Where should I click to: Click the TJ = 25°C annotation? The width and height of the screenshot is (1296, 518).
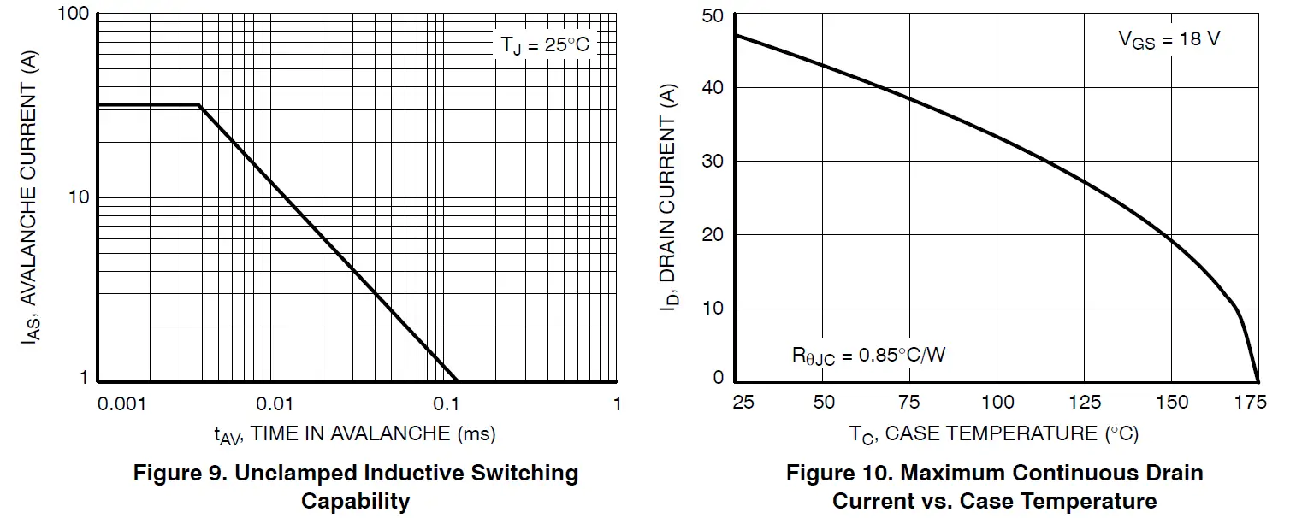545,44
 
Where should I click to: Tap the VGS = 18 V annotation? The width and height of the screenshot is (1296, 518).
1169,39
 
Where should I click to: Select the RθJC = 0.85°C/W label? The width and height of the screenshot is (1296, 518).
868,354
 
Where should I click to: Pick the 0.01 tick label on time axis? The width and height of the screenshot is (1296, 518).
275,403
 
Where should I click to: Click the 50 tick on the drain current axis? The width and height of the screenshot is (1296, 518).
713,15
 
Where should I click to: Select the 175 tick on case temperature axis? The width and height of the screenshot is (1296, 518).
1256,402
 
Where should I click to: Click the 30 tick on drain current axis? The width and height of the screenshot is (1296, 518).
713,161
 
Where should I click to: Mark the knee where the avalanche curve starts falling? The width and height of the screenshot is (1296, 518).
199,105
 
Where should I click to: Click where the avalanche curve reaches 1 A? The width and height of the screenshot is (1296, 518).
458,380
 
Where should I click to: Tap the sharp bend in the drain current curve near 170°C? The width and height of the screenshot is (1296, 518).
1235,309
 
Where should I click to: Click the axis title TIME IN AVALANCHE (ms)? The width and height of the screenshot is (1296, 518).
355,434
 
